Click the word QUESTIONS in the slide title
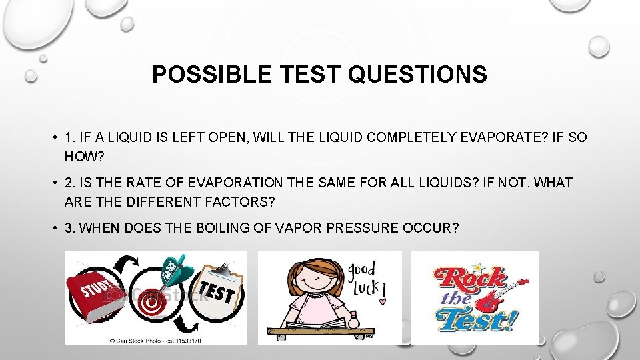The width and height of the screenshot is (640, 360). pyautogui.click(x=417, y=75)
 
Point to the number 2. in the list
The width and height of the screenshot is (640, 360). pyautogui.click(x=71, y=183)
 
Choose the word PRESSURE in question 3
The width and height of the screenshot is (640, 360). pyautogui.click(x=364, y=227)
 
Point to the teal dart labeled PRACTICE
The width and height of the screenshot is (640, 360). pyautogui.click(x=175, y=269)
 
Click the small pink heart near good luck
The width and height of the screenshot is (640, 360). pyautogui.click(x=383, y=301)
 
